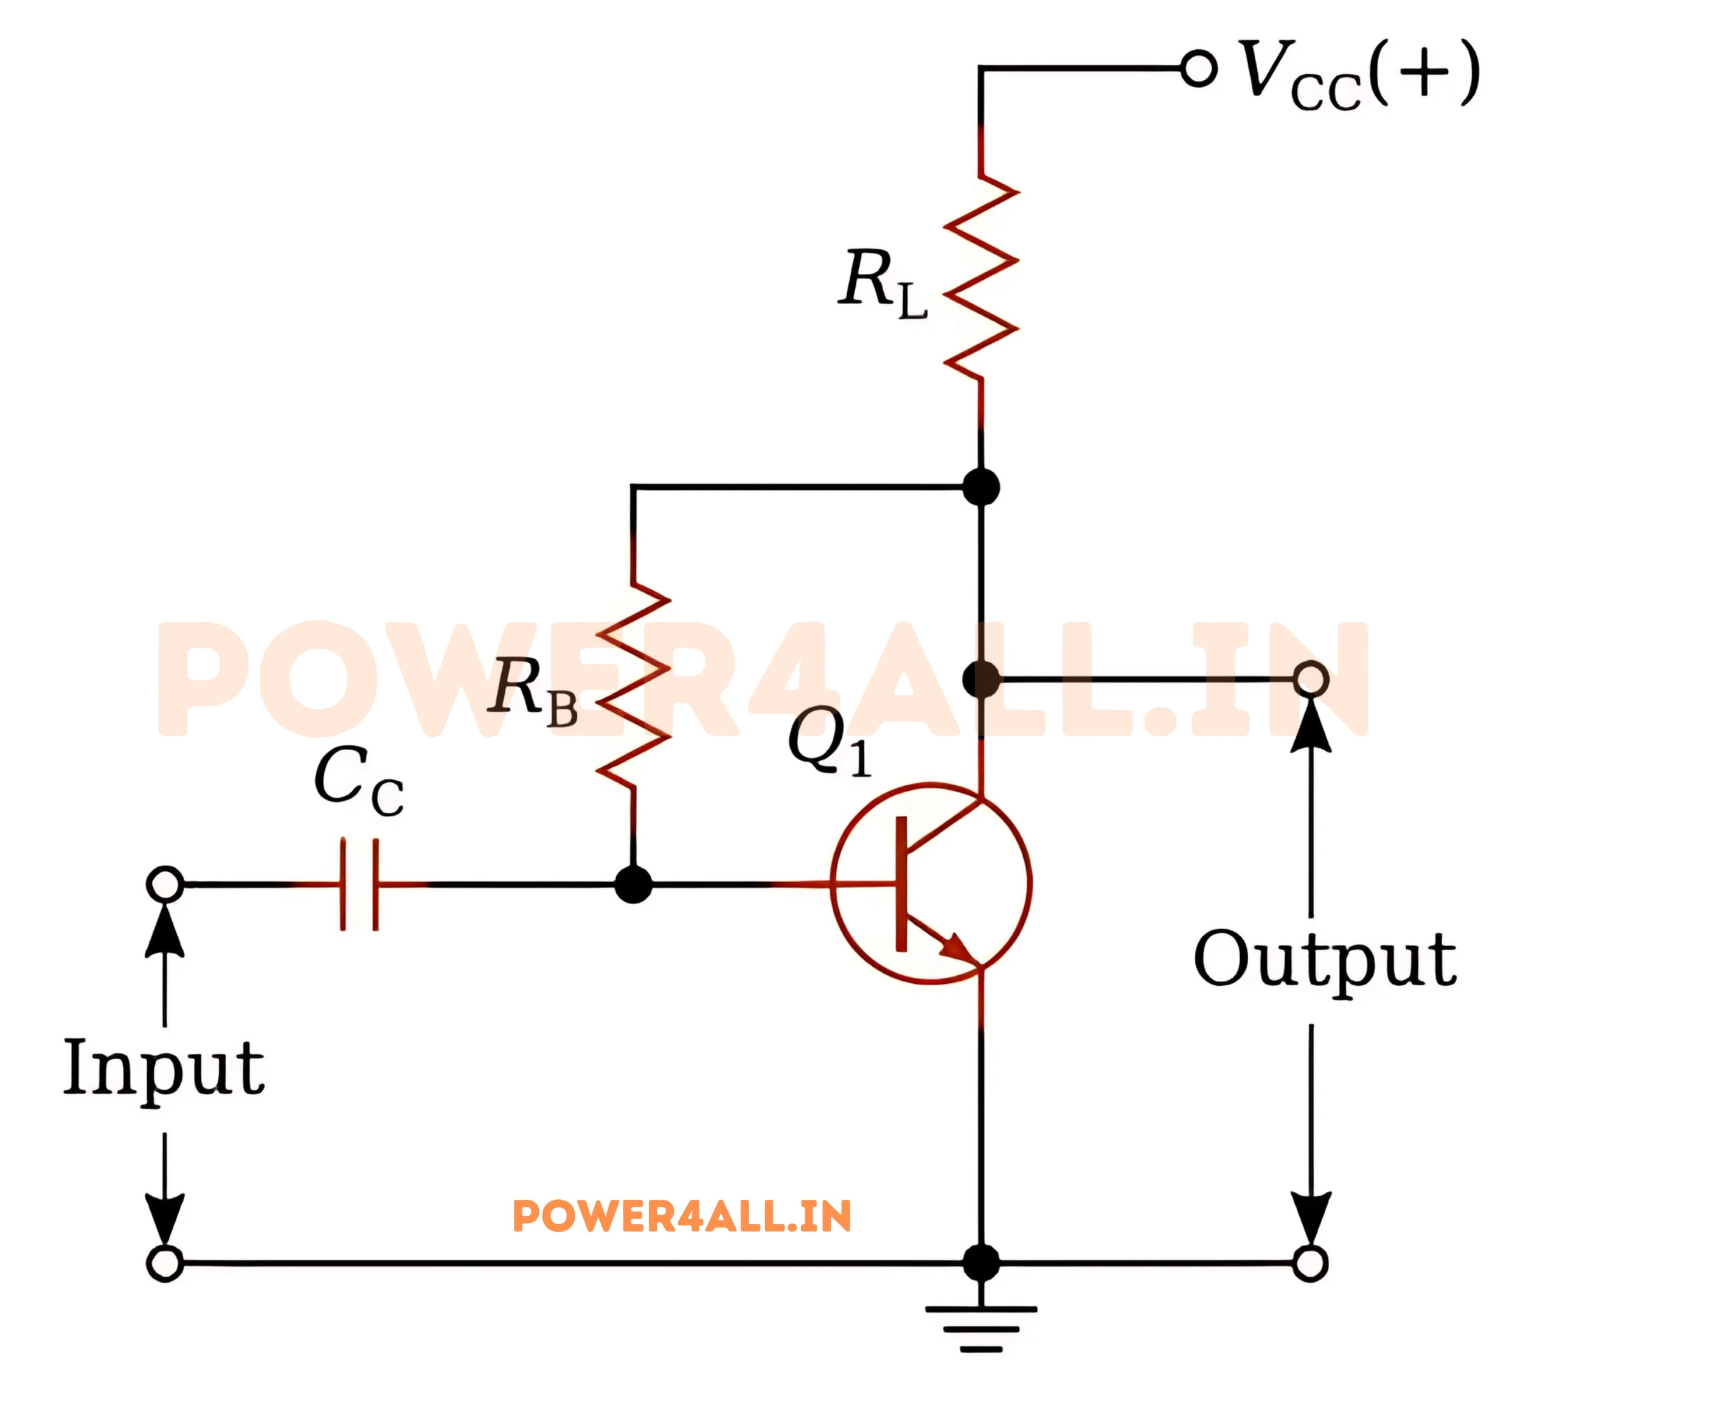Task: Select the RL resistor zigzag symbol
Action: coord(981,277)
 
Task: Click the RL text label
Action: coord(883,283)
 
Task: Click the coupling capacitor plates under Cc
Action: coord(359,883)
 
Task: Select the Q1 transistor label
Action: coord(829,742)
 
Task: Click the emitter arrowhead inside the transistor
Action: coord(958,949)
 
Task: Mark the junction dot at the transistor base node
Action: coord(633,883)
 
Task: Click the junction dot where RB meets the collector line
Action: coord(980,487)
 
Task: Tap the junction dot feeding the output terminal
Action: coord(980,678)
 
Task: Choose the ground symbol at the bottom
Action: coord(980,1329)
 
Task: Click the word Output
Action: coord(1325,961)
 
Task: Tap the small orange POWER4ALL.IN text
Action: coord(682,1216)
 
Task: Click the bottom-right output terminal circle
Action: coord(1310,1263)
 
